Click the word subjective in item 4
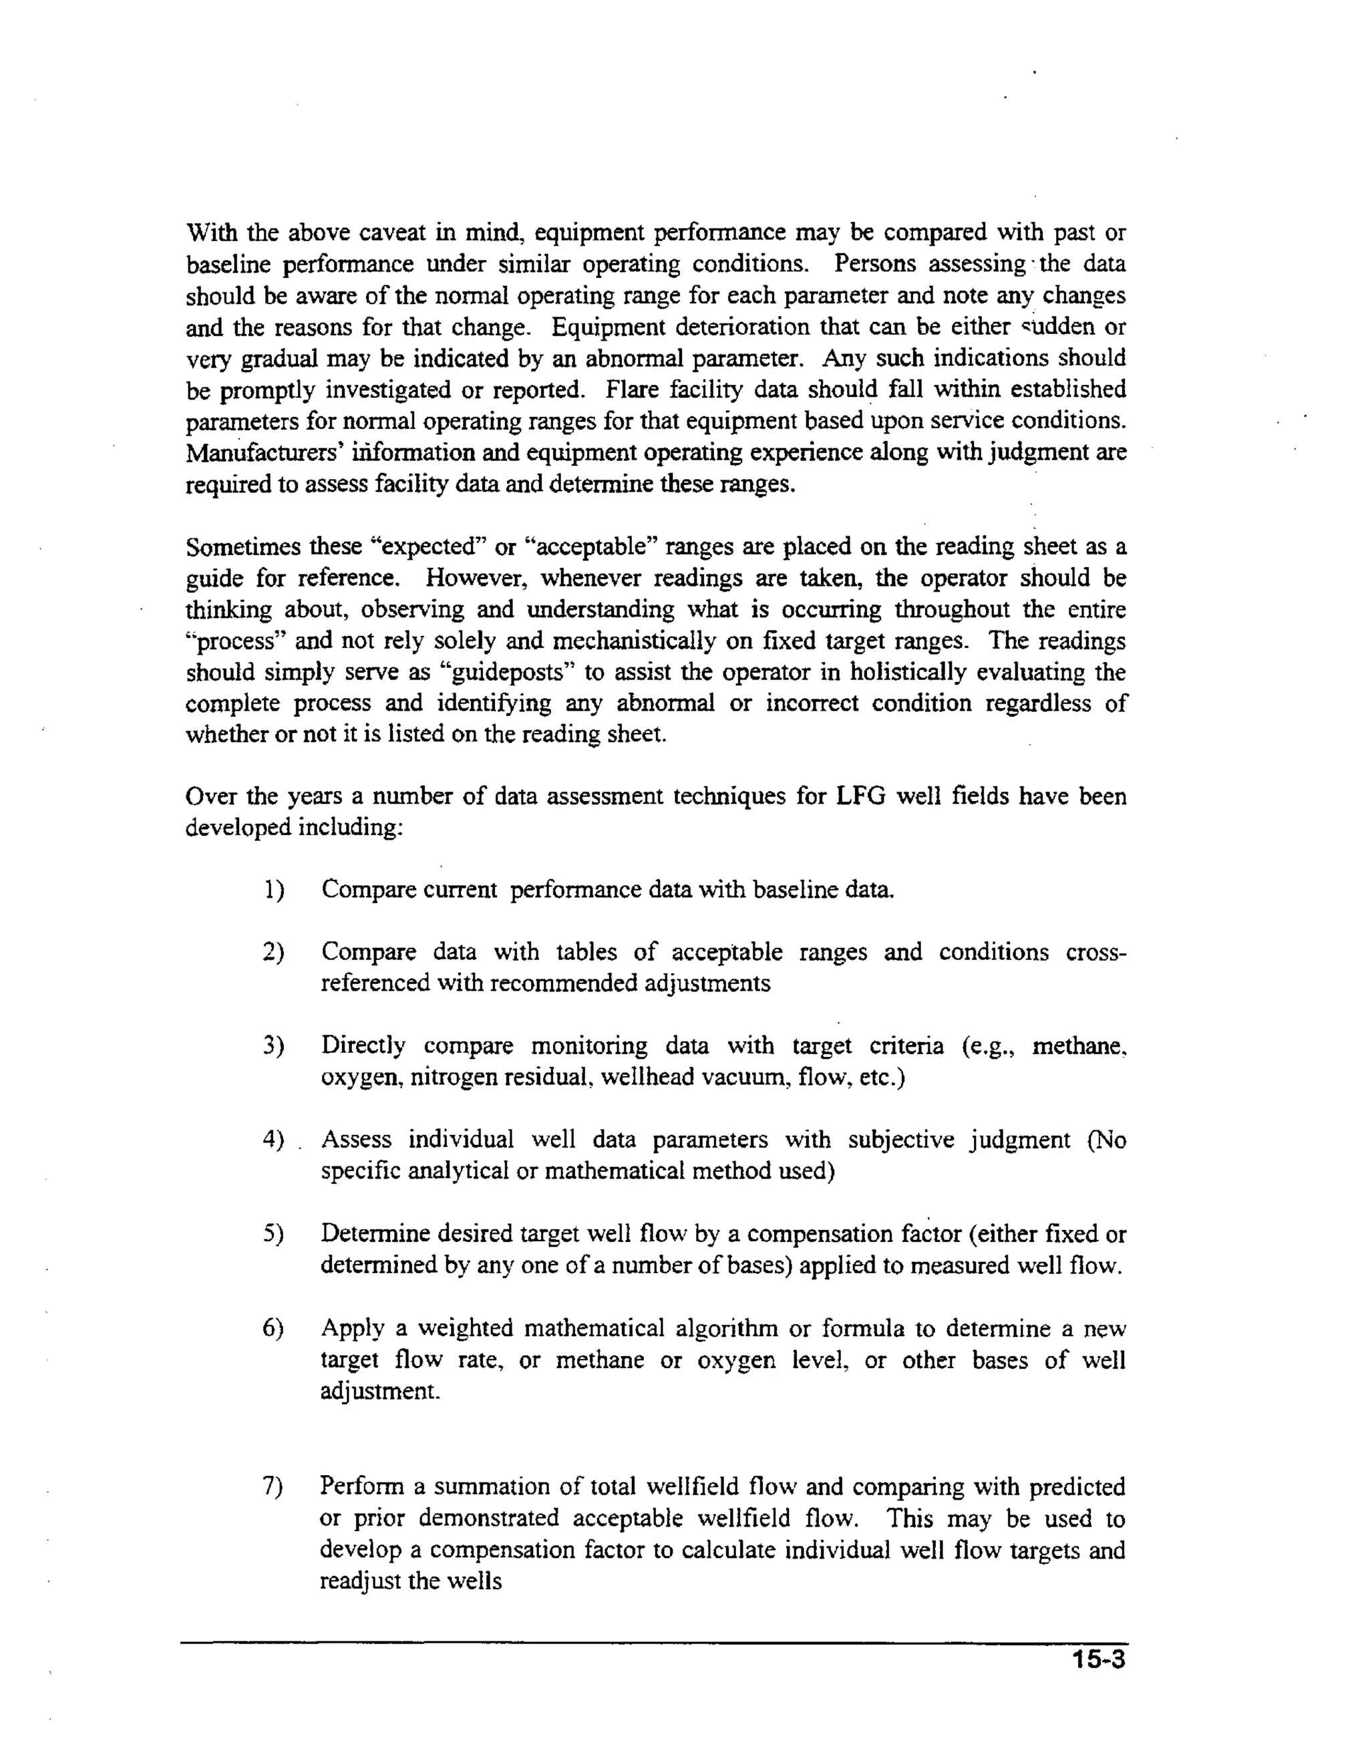point(900,1140)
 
